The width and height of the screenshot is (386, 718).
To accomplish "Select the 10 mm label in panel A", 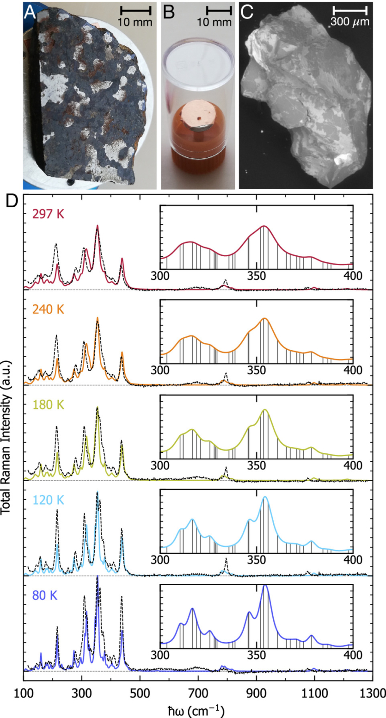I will tap(135, 22).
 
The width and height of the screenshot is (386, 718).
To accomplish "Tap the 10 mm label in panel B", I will tap(219, 22).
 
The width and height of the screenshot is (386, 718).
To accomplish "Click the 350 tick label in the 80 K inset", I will tap(256, 655).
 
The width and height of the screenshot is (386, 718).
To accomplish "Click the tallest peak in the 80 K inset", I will tap(265, 587).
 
